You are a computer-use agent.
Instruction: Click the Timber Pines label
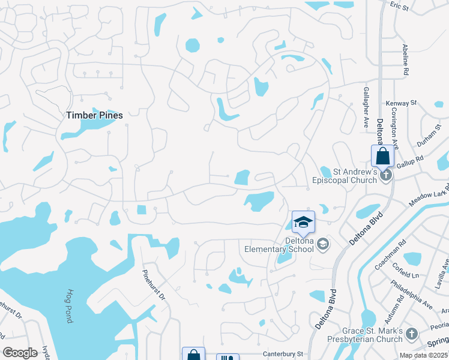pyautogui.click(x=94, y=115)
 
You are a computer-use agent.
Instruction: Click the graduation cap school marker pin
pyautogui.click(x=303, y=223)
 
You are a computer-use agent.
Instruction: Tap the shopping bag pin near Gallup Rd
pyautogui.click(x=382, y=157)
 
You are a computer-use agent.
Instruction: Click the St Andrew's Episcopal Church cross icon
pyautogui.click(x=387, y=175)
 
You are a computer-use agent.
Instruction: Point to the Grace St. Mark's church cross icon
pyautogui.click(x=411, y=333)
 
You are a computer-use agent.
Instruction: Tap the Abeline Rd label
pyautogui.click(x=406, y=61)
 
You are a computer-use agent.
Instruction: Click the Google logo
pyautogui.click(x=20, y=353)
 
